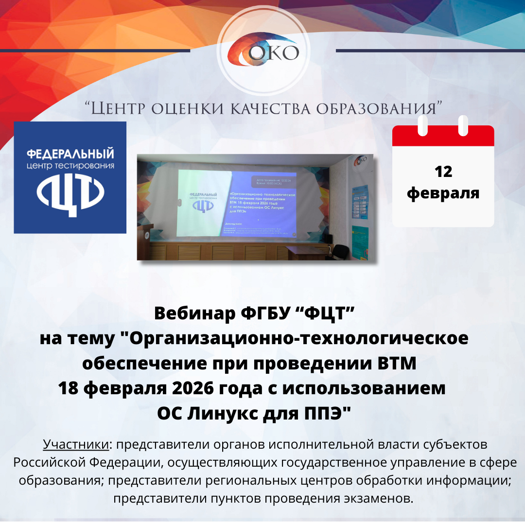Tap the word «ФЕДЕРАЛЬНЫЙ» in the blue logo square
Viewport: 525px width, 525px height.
point(70,155)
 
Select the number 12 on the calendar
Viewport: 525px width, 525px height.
point(443,172)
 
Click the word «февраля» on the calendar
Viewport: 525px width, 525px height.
point(443,193)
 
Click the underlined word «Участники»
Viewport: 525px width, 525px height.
point(75,444)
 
